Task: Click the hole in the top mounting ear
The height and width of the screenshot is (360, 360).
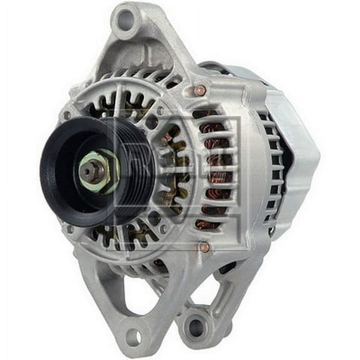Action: click(x=126, y=19)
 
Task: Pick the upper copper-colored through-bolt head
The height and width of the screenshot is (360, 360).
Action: click(x=200, y=91)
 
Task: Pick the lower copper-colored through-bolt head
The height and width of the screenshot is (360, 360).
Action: click(x=203, y=247)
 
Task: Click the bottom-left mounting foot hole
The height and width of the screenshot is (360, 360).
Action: click(x=132, y=337)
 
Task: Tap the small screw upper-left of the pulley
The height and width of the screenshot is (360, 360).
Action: click(x=66, y=116)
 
